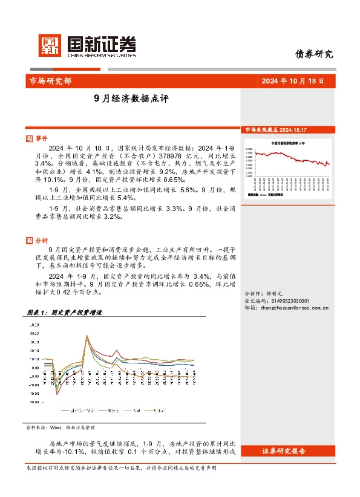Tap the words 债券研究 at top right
click(x=313, y=54)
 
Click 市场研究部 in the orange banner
click(x=50, y=82)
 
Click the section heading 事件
click(x=41, y=138)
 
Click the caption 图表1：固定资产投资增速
click(x=64, y=313)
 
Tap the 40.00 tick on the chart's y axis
click(x=34, y=333)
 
